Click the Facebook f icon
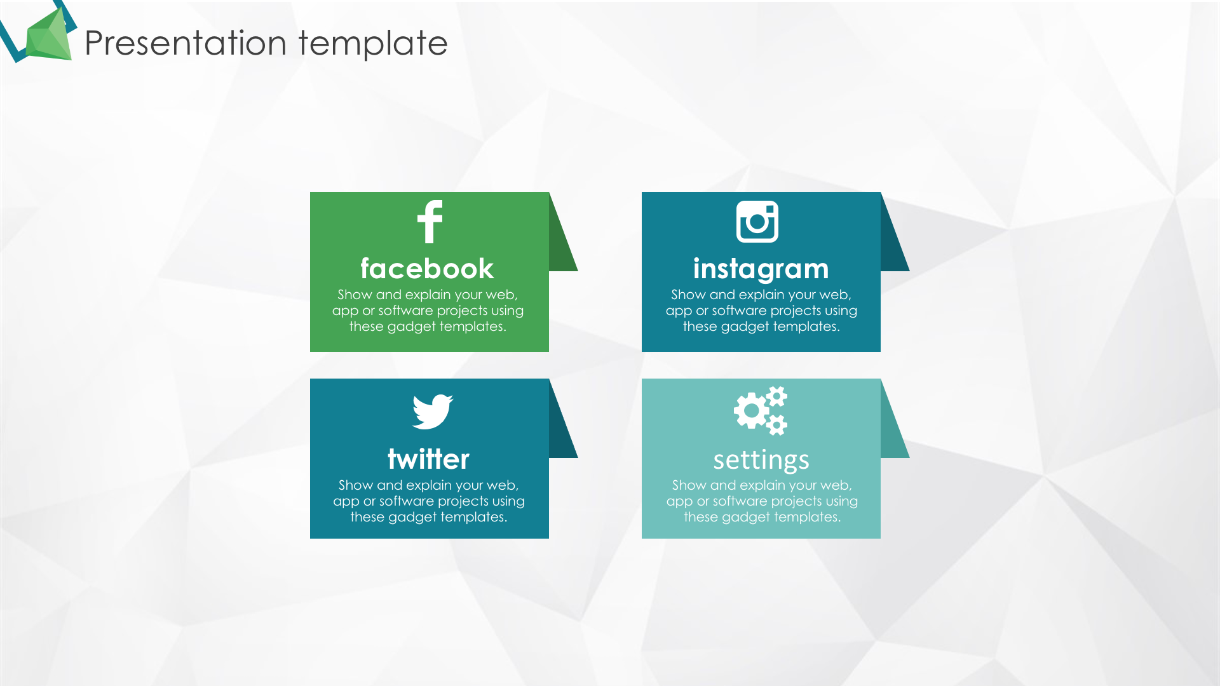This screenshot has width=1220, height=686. click(x=430, y=222)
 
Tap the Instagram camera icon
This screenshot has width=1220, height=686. click(x=757, y=222)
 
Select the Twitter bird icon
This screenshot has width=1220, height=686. click(x=432, y=412)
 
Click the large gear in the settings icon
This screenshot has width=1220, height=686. click(x=752, y=410)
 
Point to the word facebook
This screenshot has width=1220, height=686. click(x=427, y=269)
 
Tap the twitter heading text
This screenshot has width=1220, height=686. click(x=428, y=459)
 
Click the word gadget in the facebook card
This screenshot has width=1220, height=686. click(x=411, y=327)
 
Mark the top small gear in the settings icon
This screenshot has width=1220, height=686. click(x=776, y=396)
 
